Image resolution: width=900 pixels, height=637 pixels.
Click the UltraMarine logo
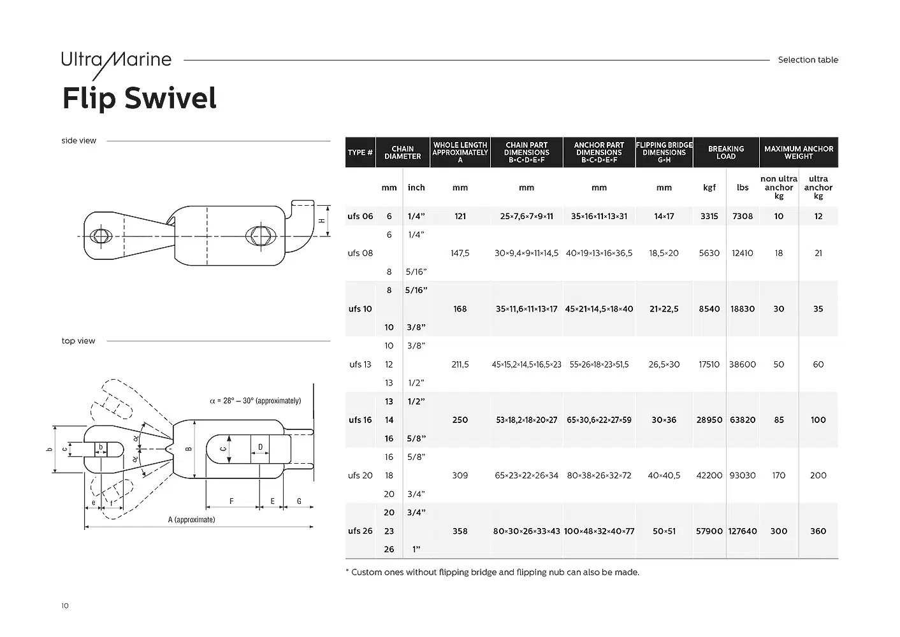[x=116, y=61]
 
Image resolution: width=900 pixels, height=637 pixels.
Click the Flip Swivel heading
[x=139, y=99]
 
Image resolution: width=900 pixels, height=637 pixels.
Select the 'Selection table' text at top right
[x=808, y=60]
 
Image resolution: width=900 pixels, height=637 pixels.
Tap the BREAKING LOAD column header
[x=725, y=152]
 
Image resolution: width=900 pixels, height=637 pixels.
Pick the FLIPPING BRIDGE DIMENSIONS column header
[x=664, y=152]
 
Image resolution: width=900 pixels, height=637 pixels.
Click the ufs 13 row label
[x=360, y=364]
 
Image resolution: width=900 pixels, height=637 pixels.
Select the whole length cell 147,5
[x=460, y=253]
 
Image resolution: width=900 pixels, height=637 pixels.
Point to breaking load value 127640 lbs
[x=743, y=531]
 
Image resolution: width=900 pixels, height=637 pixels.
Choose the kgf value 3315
[x=709, y=216]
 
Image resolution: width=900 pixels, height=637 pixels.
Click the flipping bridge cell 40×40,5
[x=664, y=475]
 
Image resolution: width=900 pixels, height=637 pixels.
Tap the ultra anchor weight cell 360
[x=818, y=531]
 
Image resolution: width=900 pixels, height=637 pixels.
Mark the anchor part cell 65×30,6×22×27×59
[x=599, y=420]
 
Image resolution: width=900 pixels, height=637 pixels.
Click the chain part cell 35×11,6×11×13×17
[x=526, y=309]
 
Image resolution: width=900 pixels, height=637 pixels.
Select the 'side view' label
[x=79, y=141]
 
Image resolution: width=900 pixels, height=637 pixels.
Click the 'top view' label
[x=78, y=341]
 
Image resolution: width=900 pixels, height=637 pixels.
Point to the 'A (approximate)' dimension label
[x=191, y=520]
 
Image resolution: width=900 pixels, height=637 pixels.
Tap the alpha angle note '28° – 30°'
[x=255, y=401]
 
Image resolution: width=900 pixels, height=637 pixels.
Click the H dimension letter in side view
[x=322, y=220]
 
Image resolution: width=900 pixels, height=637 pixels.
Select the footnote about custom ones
[x=492, y=572]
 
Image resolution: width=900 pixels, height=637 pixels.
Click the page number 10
[x=65, y=606]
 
